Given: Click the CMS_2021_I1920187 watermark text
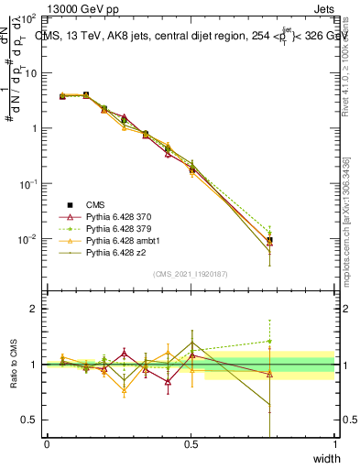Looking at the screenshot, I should click(x=191, y=274).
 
